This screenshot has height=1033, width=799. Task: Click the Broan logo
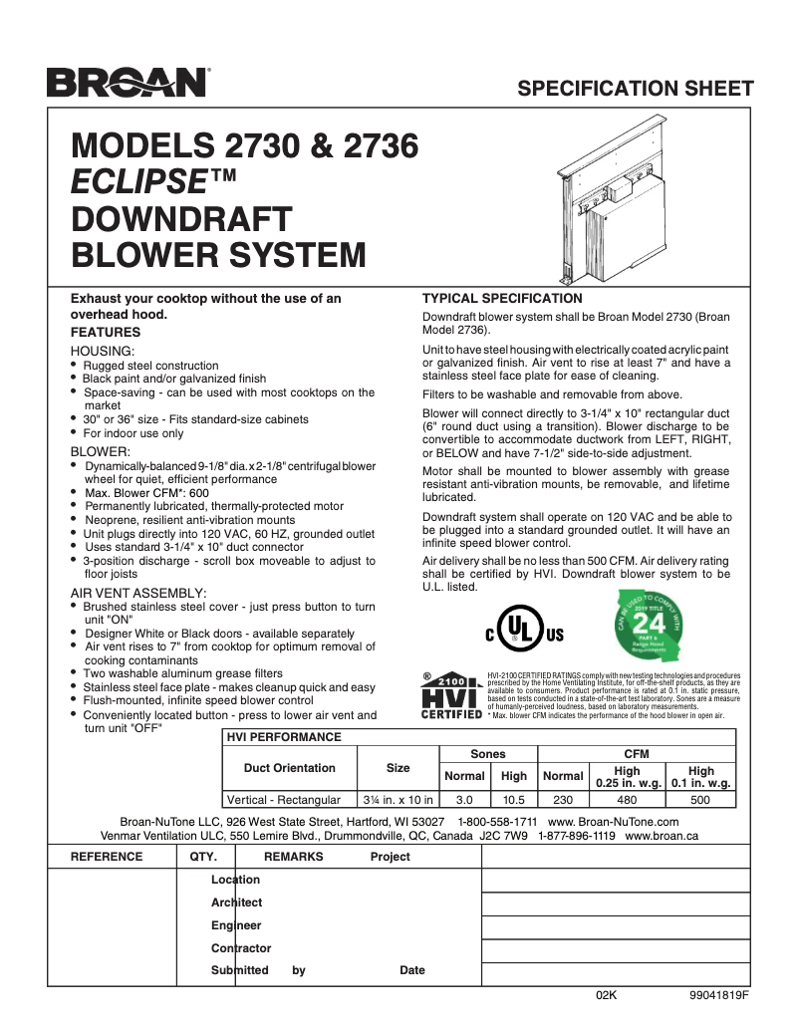click(x=127, y=83)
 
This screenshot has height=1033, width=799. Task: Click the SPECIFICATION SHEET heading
click(x=636, y=88)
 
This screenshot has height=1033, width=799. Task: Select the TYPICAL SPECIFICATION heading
click(x=502, y=298)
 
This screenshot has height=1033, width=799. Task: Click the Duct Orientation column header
click(x=289, y=768)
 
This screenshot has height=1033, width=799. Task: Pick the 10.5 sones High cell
click(x=514, y=799)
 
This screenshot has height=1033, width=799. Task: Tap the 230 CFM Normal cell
click(x=563, y=799)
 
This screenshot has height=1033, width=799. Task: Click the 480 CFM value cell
click(x=628, y=799)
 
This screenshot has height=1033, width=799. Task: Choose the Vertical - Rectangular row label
click(x=284, y=799)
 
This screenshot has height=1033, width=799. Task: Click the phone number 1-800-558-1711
click(x=497, y=821)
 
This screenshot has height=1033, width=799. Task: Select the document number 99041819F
click(x=717, y=995)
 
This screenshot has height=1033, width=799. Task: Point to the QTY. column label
click(x=203, y=857)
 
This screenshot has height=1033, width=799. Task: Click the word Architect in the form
click(x=237, y=903)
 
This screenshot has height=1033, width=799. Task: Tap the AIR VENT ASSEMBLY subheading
click(x=138, y=593)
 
